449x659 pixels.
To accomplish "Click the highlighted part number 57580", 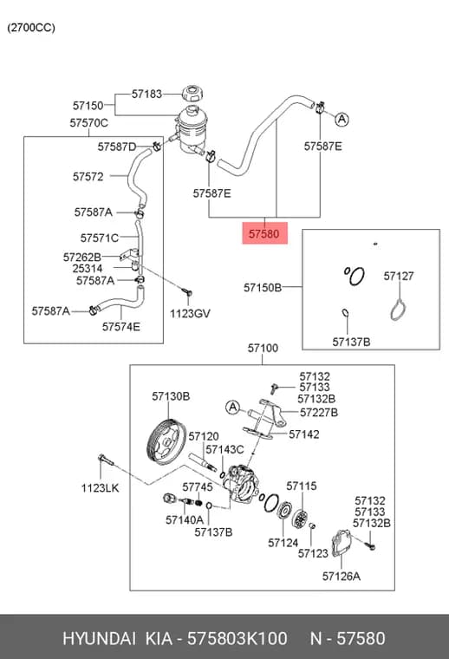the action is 264,233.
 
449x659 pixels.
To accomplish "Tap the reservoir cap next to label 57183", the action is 192,94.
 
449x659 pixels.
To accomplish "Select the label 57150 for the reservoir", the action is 88,106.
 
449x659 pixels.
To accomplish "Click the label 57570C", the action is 88,123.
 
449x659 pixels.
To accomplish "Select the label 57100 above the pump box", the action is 263,348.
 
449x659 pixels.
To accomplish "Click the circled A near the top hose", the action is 342,120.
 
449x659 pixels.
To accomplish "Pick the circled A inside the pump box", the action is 232,408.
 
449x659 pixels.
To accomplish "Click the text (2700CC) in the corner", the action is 31,28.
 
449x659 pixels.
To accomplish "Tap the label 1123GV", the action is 190,314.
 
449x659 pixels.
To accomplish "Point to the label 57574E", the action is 121,327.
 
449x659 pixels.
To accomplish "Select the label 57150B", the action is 263,288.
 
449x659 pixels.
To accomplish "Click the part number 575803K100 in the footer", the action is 237,638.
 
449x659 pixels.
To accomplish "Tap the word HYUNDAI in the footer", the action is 99,638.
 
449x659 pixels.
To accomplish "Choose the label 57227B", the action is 319,413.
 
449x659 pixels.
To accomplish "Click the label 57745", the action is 198,487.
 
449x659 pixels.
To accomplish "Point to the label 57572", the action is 88,177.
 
